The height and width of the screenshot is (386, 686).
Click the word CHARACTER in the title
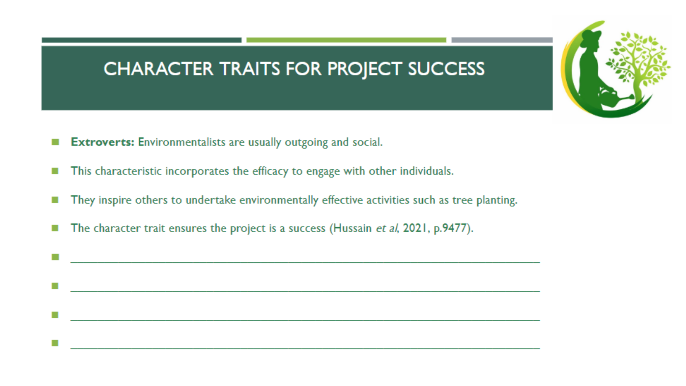click(x=158, y=69)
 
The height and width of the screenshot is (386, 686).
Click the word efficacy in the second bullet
click(x=270, y=171)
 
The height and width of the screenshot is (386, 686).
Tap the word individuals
click(x=426, y=171)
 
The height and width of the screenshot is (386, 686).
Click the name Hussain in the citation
click(x=352, y=228)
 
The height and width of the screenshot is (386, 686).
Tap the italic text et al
click(x=387, y=228)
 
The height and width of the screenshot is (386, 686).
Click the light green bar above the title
click(x=346, y=40)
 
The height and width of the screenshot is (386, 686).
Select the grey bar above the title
click(x=502, y=40)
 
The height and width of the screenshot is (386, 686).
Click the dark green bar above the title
click(x=141, y=40)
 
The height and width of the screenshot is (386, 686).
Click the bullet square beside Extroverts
click(x=55, y=142)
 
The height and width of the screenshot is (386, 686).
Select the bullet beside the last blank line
click(x=55, y=343)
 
